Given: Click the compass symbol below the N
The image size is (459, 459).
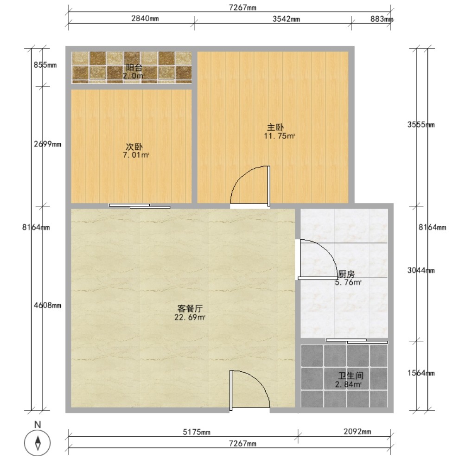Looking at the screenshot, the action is click(x=37, y=443).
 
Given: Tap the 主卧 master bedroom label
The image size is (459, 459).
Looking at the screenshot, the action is click(x=275, y=127).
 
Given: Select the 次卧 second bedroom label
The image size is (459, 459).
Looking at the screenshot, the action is click(x=134, y=147).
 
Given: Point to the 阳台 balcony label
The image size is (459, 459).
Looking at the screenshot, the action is click(x=134, y=68).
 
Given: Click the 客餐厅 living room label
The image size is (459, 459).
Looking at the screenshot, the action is click(x=190, y=308).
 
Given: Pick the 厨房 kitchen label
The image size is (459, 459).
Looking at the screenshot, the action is click(x=346, y=274).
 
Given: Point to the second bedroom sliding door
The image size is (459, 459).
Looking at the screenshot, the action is click(x=140, y=206).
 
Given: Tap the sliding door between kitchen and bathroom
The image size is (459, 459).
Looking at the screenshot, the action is click(x=357, y=341).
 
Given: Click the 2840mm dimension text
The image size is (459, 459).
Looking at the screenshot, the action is click(x=145, y=19).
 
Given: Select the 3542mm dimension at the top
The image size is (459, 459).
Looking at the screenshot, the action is click(x=286, y=19).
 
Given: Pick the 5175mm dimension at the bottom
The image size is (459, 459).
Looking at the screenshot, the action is click(x=197, y=432).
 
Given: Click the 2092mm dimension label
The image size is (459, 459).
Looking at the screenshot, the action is click(x=357, y=432).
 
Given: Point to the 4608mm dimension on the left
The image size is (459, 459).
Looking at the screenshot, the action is click(x=47, y=306).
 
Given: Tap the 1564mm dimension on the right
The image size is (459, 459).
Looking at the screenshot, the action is click(x=421, y=373).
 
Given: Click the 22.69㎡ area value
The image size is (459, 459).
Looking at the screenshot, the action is click(x=190, y=317).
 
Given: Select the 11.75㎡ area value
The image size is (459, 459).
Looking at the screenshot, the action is click(x=279, y=136).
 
